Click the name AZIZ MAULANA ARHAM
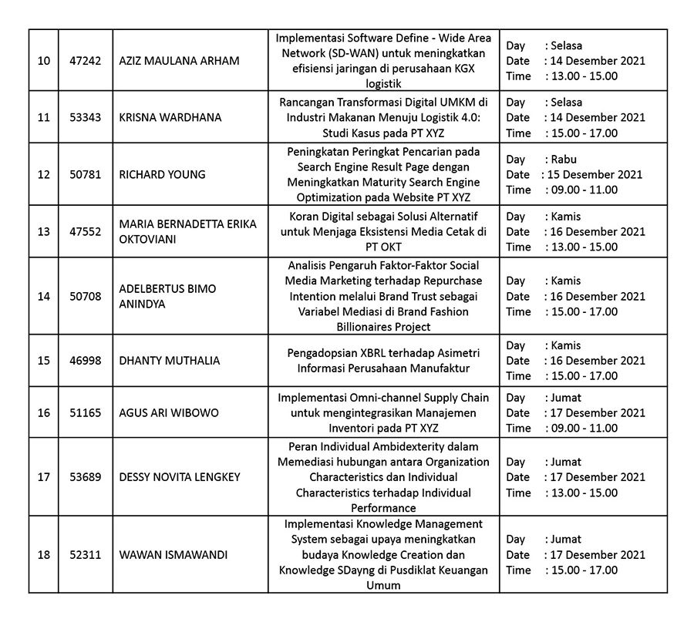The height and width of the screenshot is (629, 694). click(x=179, y=61)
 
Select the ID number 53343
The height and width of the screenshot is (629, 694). click(x=85, y=117)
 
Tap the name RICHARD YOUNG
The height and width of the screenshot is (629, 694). click(x=162, y=174)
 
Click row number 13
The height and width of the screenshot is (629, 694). click(x=43, y=231)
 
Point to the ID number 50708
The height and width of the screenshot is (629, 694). click(x=85, y=296)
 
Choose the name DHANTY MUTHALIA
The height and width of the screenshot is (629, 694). click(x=169, y=360)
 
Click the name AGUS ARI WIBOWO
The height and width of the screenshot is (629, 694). click(x=168, y=412)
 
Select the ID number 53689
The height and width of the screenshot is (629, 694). click(x=85, y=477)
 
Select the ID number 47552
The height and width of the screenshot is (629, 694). click(x=85, y=231)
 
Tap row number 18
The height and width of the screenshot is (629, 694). click(x=43, y=555)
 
